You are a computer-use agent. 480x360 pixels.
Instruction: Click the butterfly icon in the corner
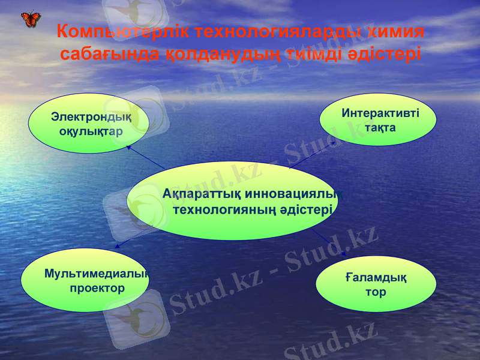point(31,19)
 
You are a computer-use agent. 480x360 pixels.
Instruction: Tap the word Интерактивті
point(380,113)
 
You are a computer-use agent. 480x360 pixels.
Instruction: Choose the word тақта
point(380,127)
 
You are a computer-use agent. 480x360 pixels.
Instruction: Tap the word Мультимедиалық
point(97,274)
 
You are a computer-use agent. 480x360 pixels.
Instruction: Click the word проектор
point(97,288)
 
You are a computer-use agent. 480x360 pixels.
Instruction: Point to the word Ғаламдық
point(376,278)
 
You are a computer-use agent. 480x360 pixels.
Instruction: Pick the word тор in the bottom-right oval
point(376,292)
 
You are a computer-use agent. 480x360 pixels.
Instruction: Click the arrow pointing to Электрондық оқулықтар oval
point(144,157)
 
